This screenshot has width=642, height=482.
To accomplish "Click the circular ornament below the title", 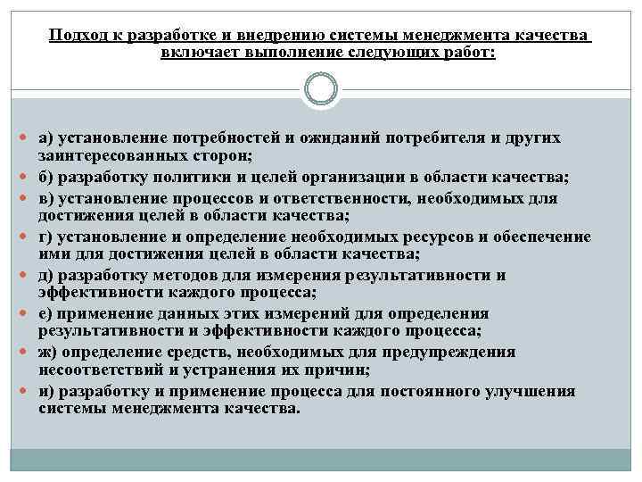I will pos(321,89).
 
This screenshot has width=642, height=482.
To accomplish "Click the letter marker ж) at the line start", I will pos(47,352).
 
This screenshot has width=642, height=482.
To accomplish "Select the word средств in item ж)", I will pos(195,352).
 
